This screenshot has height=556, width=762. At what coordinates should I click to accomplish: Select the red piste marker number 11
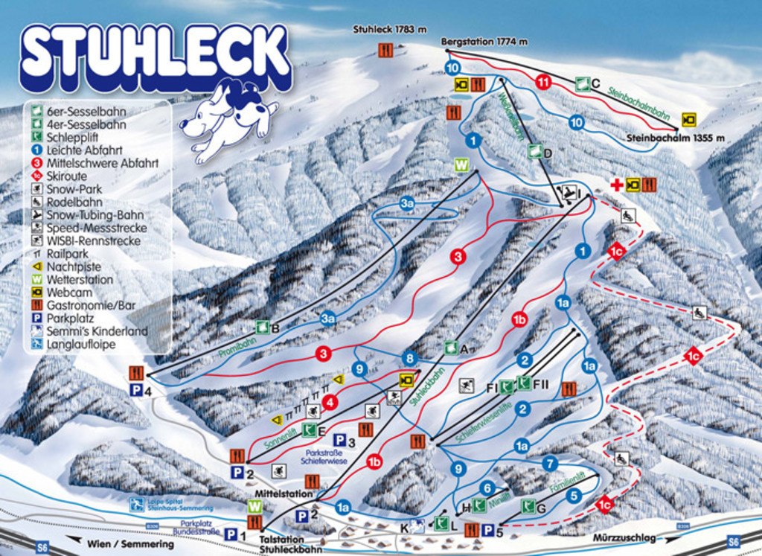tap(543, 82)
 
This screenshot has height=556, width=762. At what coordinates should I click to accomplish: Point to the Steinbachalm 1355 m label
tap(675, 138)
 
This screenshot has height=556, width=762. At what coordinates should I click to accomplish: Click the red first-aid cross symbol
tap(616, 184)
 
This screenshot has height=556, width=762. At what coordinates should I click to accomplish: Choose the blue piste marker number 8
tap(409, 358)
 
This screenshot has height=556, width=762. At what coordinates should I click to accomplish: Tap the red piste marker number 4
tap(330, 402)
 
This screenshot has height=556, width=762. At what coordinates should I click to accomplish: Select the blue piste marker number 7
tap(550, 463)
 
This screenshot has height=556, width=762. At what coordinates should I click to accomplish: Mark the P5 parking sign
tap(489, 530)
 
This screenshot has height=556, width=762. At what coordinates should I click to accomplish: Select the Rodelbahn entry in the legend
tap(74, 202)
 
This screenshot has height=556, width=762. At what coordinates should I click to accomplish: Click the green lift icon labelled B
tap(262, 327)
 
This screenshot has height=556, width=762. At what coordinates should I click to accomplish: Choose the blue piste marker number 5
tap(573, 495)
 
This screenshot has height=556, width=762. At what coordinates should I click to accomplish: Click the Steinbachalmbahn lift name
tap(639, 103)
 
